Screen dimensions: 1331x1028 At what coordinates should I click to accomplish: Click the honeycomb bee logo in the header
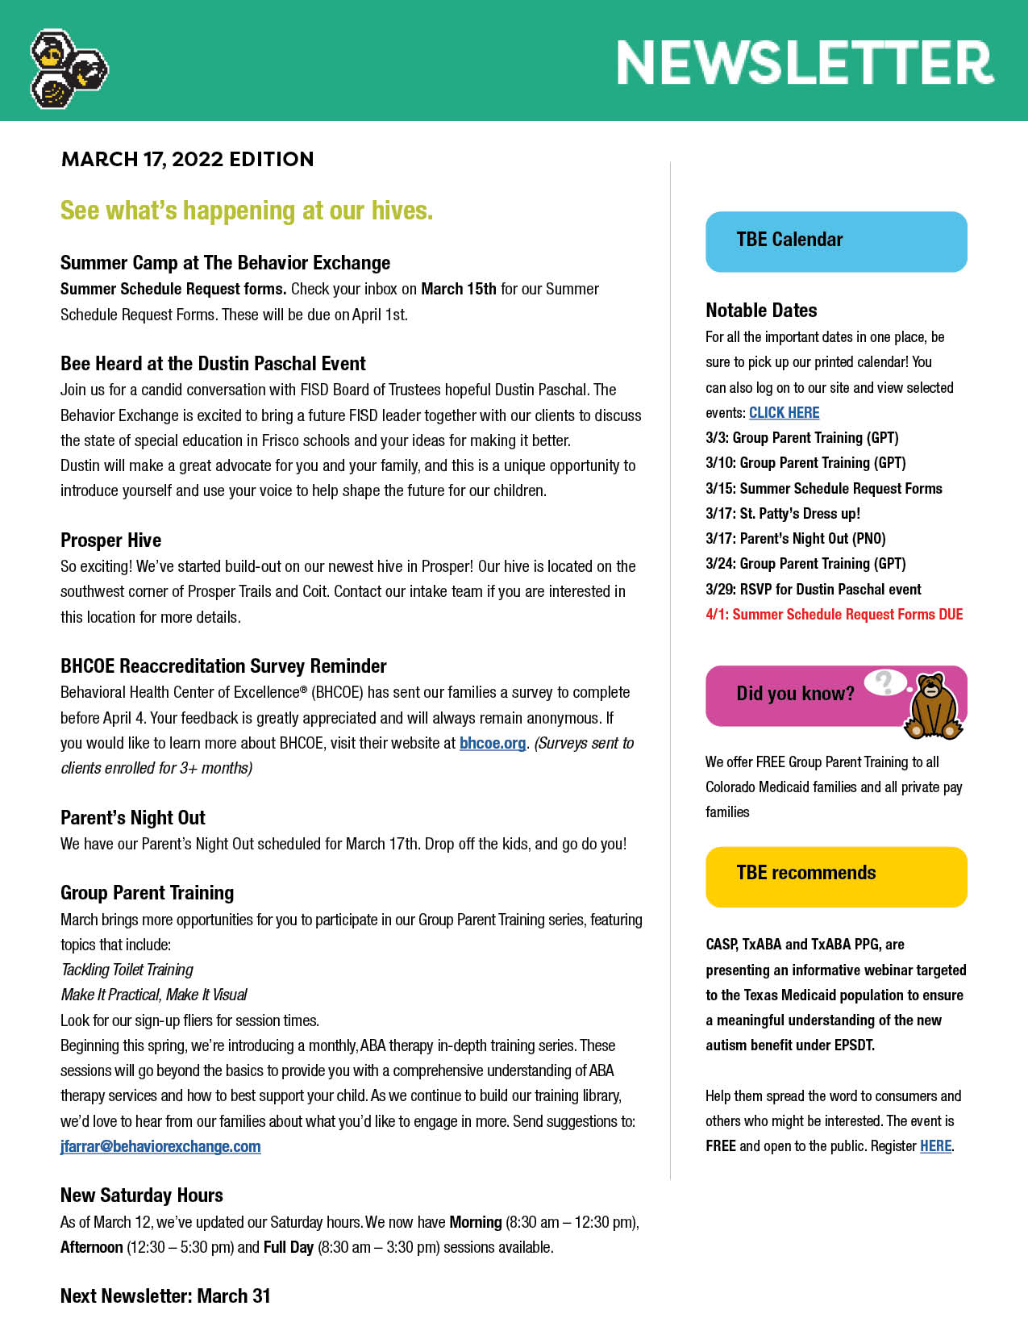[68, 69]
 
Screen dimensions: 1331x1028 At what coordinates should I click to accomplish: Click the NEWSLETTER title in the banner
[805, 63]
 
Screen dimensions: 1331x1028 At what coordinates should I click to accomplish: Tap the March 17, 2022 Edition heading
[187, 159]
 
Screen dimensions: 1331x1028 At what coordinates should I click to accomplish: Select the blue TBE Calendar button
[835, 241]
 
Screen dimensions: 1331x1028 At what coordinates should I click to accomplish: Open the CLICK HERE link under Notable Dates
[784, 413]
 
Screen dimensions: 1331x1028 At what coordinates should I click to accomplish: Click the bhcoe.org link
[492, 743]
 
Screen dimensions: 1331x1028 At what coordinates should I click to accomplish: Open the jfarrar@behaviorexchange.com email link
[160, 1146]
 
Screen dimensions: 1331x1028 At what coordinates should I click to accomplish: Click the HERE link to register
[935, 1145]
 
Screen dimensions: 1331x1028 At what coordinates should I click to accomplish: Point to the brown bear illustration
[933, 706]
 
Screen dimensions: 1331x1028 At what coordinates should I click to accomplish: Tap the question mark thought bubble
[884, 682]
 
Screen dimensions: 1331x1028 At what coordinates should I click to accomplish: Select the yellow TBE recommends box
[835, 876]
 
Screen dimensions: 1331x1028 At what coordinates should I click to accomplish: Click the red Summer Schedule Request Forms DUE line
[834, 615]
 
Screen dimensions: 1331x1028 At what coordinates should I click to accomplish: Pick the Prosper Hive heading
[110, 540]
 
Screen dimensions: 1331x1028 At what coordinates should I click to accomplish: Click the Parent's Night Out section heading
[133, 818]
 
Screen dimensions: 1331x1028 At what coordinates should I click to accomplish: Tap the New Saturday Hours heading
[142, 1195]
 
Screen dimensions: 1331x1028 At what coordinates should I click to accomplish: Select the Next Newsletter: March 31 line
[165, 1296]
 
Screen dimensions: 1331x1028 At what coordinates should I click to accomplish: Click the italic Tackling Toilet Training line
[127, 970]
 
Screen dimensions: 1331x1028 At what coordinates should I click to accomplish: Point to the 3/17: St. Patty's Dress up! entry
[782, 514]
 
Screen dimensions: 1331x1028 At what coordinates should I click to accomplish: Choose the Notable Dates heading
[761, 311]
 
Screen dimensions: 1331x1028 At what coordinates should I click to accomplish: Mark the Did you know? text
[795, 694]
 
